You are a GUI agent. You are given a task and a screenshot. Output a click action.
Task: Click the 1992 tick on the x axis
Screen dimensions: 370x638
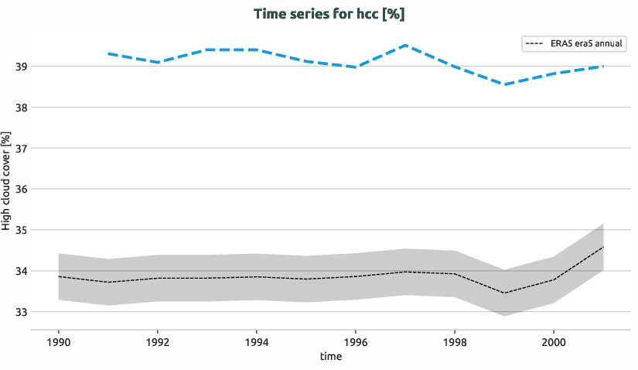click(158, 341)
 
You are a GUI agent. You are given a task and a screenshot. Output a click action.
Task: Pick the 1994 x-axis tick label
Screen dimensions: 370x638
click(257, 341)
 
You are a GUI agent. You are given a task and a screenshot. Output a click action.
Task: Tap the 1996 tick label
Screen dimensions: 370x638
click(355, 341)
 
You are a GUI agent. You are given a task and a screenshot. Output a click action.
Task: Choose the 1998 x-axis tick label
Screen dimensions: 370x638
click(454, 341)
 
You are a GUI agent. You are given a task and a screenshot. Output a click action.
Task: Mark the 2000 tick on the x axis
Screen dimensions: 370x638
click(553, 341)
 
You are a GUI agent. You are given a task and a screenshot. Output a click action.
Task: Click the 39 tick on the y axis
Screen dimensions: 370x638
click(21, 67)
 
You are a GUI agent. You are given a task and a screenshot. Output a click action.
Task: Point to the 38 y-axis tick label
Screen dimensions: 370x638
click(21, 108)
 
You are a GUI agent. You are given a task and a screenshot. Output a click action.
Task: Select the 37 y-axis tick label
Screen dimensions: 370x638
click(21, 149)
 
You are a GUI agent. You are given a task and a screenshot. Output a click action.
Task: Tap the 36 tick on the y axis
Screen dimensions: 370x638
click(21, 190)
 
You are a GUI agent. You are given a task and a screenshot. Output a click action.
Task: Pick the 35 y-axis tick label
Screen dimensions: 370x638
click(21, 231)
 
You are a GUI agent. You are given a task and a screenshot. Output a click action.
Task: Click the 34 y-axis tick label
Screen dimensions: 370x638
click(21, 272)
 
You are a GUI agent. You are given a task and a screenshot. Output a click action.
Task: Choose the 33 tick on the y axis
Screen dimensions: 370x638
click(21, 313)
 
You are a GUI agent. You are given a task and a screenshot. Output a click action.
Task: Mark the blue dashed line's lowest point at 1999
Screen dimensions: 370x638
click(504, 84)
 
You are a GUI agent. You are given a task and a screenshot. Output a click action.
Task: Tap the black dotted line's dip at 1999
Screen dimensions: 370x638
click(504, 293)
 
